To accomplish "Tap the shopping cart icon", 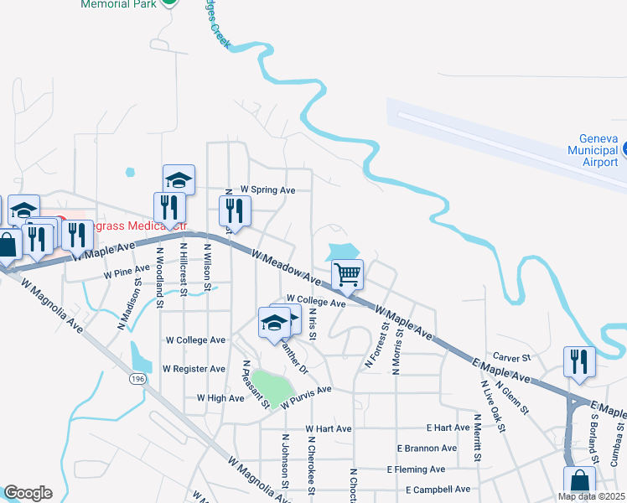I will click(x=347, y=274).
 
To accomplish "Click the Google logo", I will click(x=28, y=493).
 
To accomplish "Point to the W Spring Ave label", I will click(x=267, y=190).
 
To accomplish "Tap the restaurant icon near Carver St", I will click(x=579, y=360).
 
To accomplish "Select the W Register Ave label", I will click(x=194, y=369).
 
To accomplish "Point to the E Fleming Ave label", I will click(x=416, y=469).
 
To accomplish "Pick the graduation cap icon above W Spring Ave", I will click(x=179, y=179).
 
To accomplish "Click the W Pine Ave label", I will click(x=126, y=273).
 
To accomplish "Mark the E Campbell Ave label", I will click(x=438, y=490).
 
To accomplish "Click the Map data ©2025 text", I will click(x=592, y=496).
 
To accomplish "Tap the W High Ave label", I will click(x=220, y=398).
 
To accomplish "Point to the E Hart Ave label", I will click(x=448, y=428).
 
